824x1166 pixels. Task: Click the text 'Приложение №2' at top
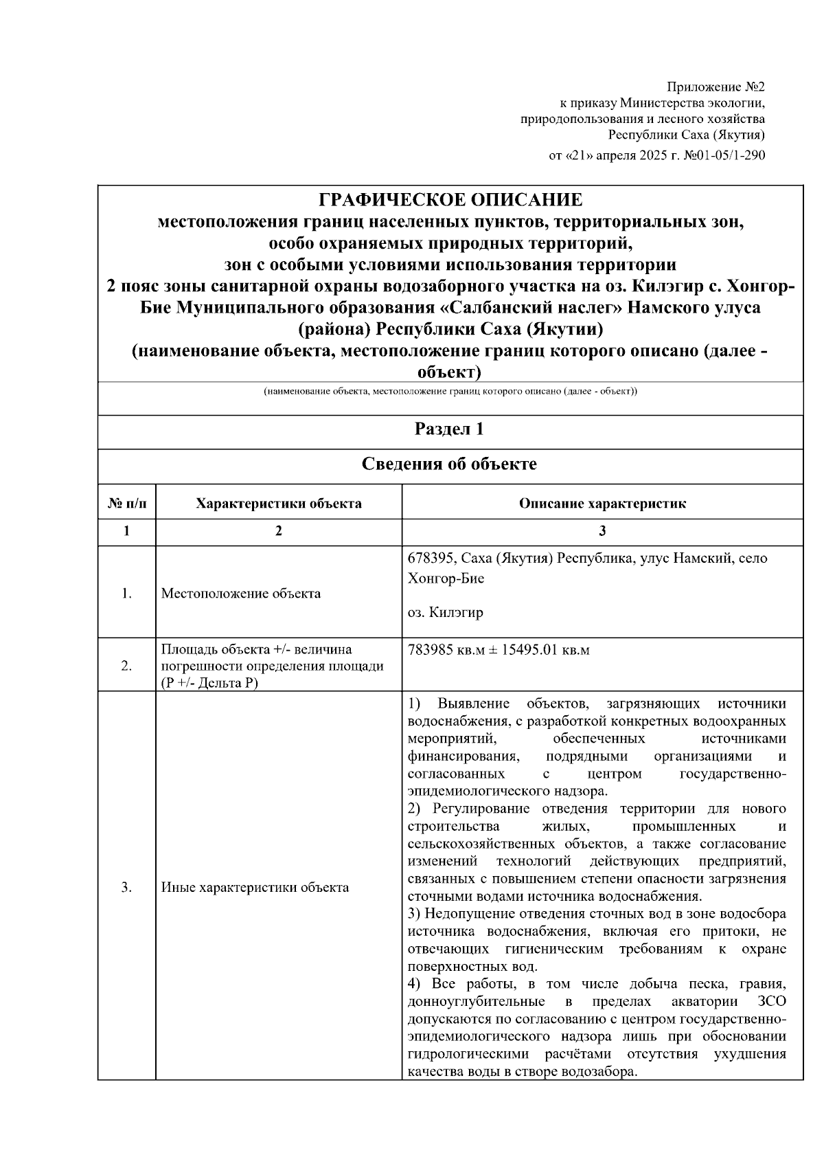716,87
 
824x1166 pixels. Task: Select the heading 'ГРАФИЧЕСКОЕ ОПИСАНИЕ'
450,200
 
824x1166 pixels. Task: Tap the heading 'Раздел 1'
450,429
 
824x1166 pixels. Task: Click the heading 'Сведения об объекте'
450,464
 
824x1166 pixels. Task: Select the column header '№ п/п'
127,504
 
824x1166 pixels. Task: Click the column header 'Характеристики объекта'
278,504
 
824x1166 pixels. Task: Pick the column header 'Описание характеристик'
602,504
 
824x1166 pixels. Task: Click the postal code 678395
429,559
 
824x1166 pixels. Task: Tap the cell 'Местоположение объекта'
240,594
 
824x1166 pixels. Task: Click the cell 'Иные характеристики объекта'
255,888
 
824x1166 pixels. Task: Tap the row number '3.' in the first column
126,888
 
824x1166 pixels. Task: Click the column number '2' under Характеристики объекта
278,531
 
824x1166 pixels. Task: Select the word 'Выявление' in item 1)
473,704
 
